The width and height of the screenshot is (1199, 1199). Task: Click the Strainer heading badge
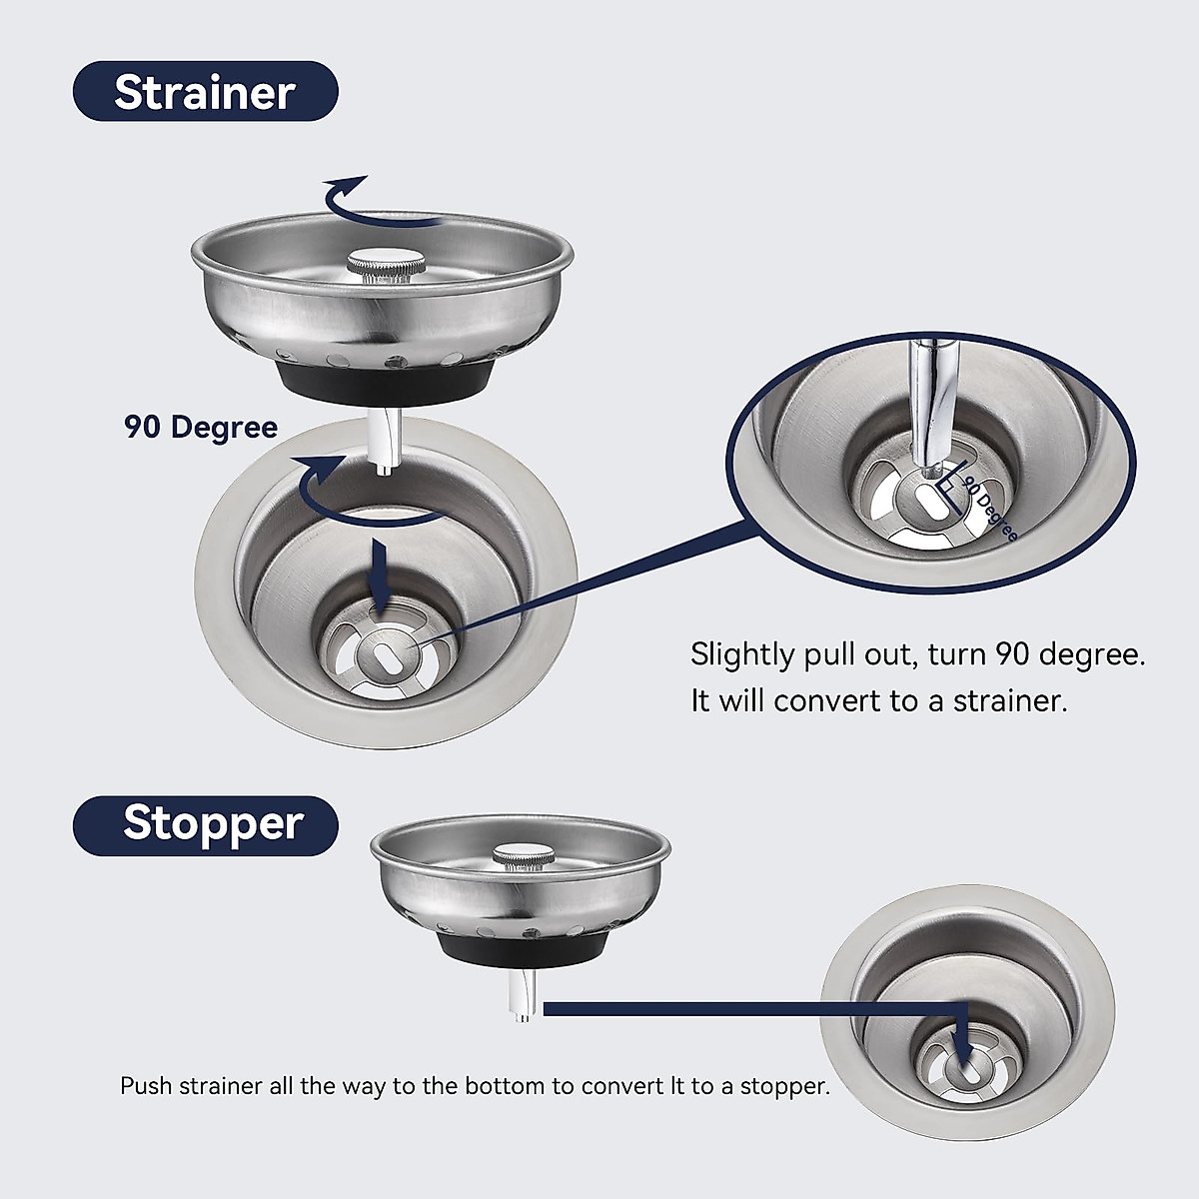click(205, 92)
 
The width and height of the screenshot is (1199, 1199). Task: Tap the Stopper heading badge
click(206, 824)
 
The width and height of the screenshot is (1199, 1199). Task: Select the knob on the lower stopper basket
click(523, 857)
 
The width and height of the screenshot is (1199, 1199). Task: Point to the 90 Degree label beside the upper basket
click(201, 428)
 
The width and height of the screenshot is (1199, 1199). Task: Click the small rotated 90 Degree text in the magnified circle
click(989, 510)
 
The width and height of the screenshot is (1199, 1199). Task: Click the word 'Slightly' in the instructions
click(742, 655)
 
